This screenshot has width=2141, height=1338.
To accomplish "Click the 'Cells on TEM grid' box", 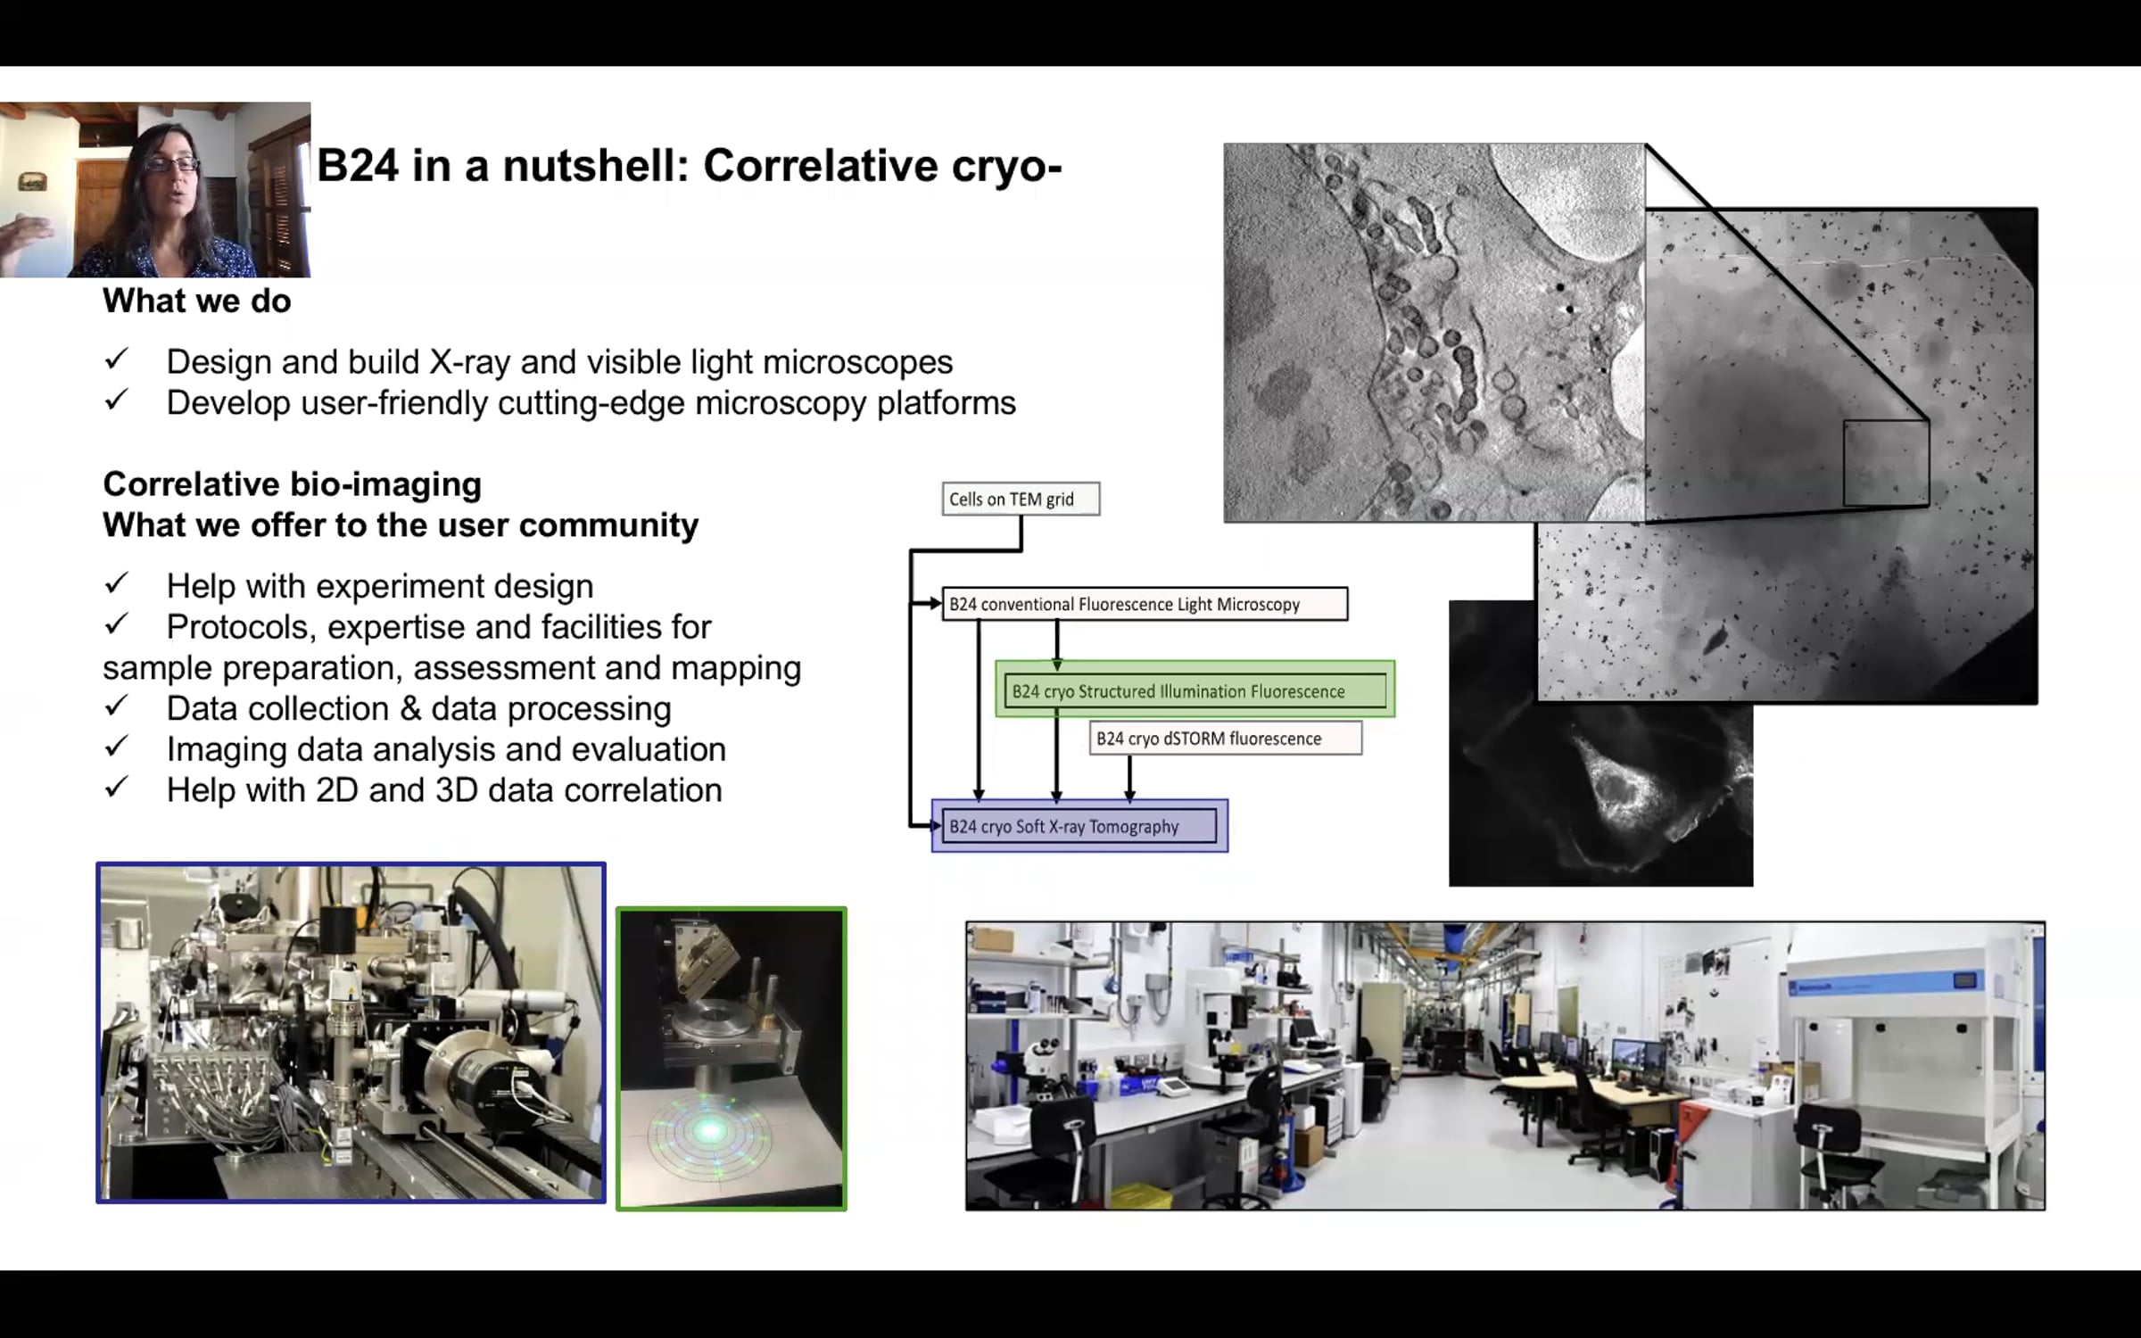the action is point(1021,499).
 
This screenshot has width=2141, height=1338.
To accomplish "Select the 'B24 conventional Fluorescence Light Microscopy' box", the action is point(1145,604).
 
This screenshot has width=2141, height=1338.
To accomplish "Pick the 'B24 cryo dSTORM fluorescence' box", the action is point(1226,739).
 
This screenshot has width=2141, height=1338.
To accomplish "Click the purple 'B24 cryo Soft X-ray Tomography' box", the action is point(1079,826).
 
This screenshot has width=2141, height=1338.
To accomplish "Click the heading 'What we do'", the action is point(197,301).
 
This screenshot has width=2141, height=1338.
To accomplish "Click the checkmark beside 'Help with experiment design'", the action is point(116,583).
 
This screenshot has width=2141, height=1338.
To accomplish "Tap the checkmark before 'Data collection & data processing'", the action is point(116,706).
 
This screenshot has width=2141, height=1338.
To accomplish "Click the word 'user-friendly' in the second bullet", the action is point(393,403).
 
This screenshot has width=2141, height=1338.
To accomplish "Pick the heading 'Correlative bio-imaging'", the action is point(293,484).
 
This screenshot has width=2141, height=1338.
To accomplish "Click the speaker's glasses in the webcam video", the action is point(171,163).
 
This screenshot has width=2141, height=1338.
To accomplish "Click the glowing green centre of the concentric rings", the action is point(710,1132).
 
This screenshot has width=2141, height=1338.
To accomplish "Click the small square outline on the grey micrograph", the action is point(1886,463).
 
